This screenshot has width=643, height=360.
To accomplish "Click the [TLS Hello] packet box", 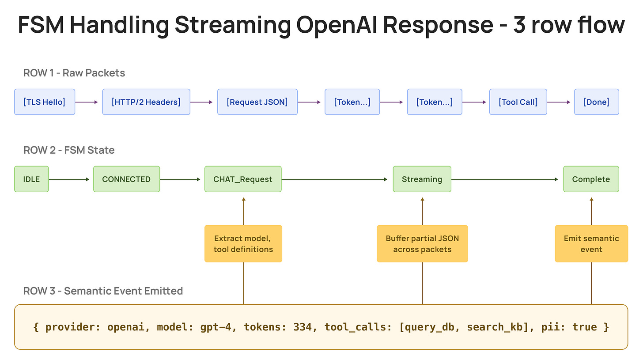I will click(45, 102).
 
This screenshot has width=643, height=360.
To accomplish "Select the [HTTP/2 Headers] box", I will click(146, 102).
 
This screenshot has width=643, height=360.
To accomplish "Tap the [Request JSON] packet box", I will click(257, 102).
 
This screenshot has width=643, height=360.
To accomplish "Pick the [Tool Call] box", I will click(518, 102).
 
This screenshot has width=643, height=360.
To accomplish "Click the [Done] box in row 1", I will click(596, 102).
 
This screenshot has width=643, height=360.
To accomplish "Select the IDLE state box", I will click(31, 179).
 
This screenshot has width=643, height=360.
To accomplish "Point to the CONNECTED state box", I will click(126, 179).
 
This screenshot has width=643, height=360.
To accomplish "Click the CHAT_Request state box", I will click(243, 179).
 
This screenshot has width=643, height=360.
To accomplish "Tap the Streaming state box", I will click(422, 179).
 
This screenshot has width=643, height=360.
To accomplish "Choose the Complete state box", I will click(591, 179).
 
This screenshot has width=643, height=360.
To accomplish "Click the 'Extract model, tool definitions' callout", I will click(243, 244).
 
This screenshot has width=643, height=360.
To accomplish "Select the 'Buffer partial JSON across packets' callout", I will click(422, 244).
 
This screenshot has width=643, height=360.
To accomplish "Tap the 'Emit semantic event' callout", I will click(591, 244).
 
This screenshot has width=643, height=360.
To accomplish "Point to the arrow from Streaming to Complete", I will click(507, 179).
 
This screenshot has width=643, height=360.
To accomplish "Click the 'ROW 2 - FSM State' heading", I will click(69, 150).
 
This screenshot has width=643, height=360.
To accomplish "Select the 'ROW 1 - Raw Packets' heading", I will click(74, 73).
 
